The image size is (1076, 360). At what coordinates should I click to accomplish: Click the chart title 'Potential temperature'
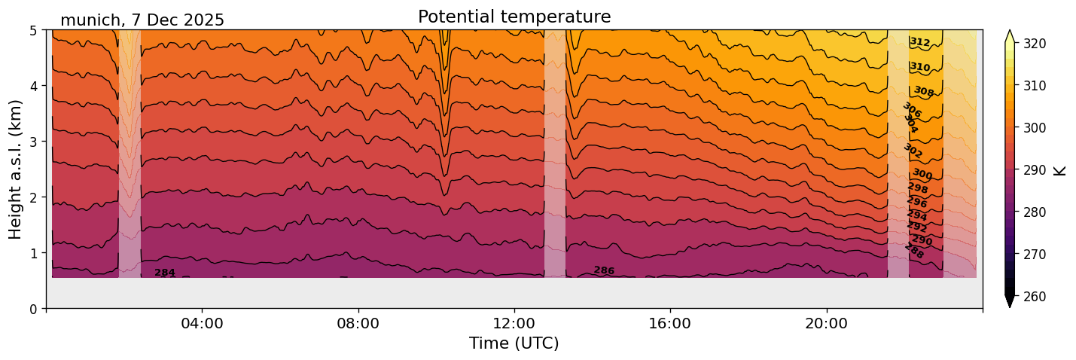(514, 17)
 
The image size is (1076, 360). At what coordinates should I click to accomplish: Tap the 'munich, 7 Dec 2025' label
(142, 20)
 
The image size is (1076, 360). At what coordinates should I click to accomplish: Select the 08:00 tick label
(358, 323)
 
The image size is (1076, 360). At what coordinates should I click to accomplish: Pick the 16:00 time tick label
(670, 323)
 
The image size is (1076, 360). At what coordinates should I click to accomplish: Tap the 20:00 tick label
(826, 323)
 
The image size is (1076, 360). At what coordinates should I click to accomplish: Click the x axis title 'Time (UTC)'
(514, 343)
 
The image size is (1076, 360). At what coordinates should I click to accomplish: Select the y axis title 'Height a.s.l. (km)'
(16, 169)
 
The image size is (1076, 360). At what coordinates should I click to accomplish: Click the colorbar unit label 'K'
(1060, 170)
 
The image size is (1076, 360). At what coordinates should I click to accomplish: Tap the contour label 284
(165, 273)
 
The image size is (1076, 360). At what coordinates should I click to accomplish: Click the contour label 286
(604, 270)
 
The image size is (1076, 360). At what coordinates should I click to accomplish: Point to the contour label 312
(919, 42)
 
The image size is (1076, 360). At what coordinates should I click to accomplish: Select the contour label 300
(922, 175)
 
